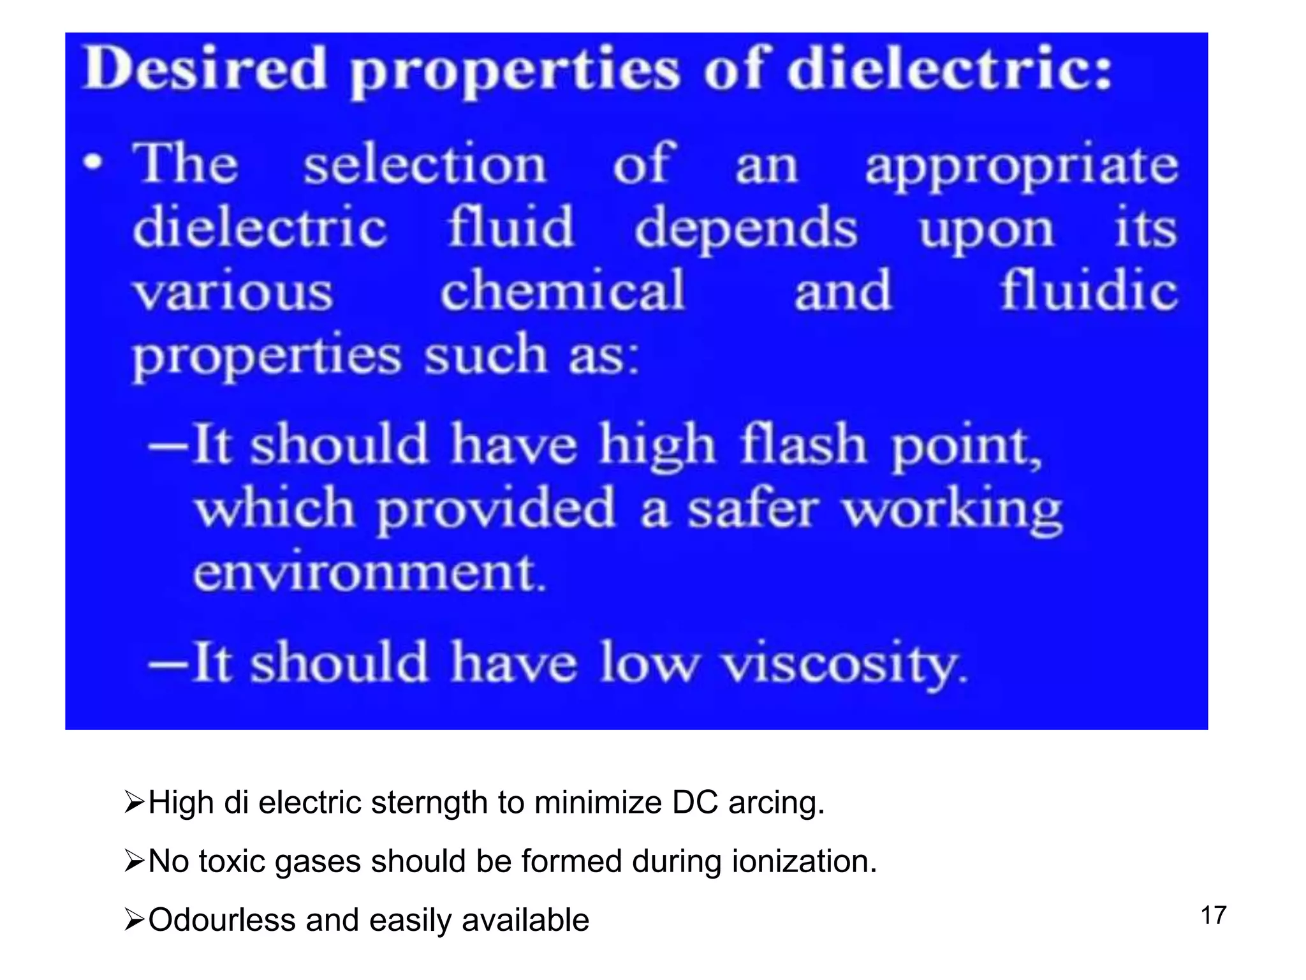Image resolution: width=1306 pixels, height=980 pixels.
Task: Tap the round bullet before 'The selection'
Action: coord(93,162)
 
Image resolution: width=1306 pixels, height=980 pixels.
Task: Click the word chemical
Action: coord(562,290)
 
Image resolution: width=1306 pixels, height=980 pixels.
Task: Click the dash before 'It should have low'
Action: coord(168,664)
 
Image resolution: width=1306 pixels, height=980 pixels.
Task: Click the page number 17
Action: coord(1214,916)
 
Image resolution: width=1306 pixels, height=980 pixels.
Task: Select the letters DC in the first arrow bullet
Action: coord(694,803)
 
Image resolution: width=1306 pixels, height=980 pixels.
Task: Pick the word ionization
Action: coord(803,861)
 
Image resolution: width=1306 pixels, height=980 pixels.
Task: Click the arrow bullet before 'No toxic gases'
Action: coord(135,862)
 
